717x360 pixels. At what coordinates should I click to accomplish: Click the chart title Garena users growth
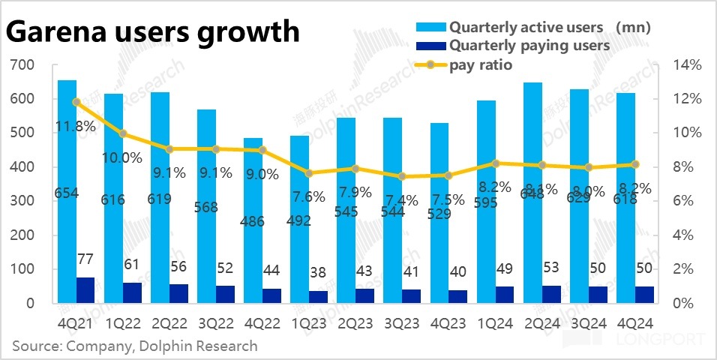(x=153, y=33)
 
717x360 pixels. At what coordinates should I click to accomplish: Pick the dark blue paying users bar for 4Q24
(x=644, y=295)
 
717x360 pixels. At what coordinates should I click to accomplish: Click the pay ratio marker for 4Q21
(x=76, y=102)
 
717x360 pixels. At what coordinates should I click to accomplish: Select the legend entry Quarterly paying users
(x=529, y=46)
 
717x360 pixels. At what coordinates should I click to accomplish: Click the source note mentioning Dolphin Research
(x=134, y=346)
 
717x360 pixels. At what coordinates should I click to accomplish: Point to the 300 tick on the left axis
(x=23, y=201)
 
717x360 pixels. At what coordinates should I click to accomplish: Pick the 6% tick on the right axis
(x=684, y=201)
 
